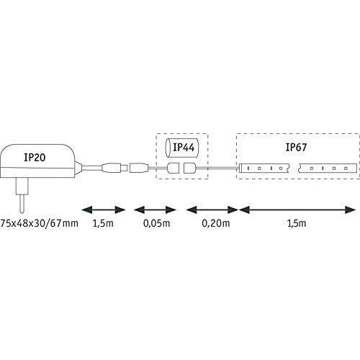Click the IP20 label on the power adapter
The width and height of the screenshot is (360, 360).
(x=35, y=157)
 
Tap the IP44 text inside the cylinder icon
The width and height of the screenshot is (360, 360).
(x=184, y=147)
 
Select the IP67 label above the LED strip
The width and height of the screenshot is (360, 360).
(x=296, y=147)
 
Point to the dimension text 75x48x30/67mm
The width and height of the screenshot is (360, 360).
(x=40, y=223)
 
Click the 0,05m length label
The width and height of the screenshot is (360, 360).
(x=156, y=223)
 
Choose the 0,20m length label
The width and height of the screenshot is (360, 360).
(x=216, y=223)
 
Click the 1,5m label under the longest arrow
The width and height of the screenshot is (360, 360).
(x=297, y=223)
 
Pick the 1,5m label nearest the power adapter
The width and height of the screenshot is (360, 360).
(x=103, y=223)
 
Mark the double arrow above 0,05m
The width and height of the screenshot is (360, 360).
(x=155, y=210)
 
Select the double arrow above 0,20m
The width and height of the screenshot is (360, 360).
(x=212, y=210)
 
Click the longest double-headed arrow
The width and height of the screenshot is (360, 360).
(x=297, y=210)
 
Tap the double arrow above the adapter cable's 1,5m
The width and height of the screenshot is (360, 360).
(x=104, y=210)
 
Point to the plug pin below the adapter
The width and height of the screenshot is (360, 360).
(x=22, y=195)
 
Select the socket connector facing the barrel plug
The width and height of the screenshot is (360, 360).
(x=139, y=168)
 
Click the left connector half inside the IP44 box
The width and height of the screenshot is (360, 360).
(x=173, y=168)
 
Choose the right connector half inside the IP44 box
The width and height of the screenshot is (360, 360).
(x=189, y=168)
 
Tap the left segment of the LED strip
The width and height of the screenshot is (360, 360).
(x=265, y=168)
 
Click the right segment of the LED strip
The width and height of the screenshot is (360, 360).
(x=328, y=168)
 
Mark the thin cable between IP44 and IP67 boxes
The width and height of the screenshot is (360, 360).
(x=217, y=168)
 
